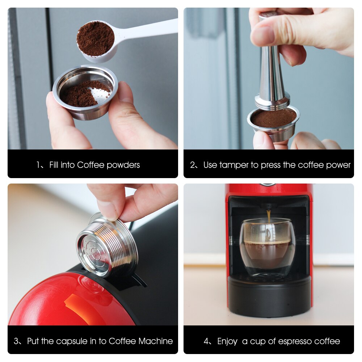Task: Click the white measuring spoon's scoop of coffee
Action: coord(95,39)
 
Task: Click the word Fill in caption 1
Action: coord(54,165)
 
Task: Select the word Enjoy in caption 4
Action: coord(227,341)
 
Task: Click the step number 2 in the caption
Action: coord(193,165)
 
